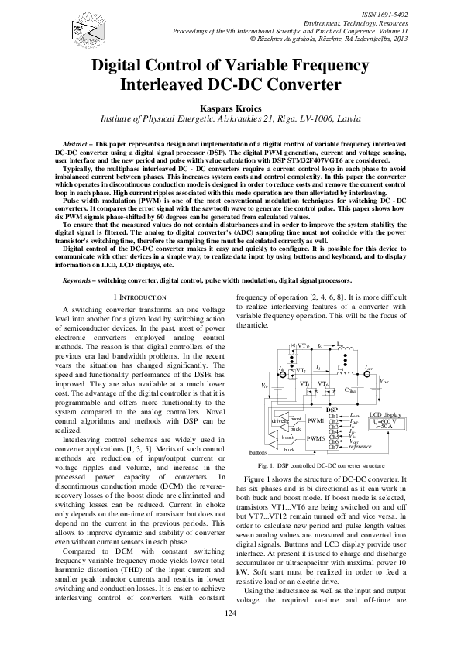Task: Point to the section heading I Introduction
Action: pos(139,297)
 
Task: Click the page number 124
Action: pos(229,634)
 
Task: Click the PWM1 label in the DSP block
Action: pos(315,420)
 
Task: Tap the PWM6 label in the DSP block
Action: pos(315,438)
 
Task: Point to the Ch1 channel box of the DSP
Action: pos(333,415)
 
